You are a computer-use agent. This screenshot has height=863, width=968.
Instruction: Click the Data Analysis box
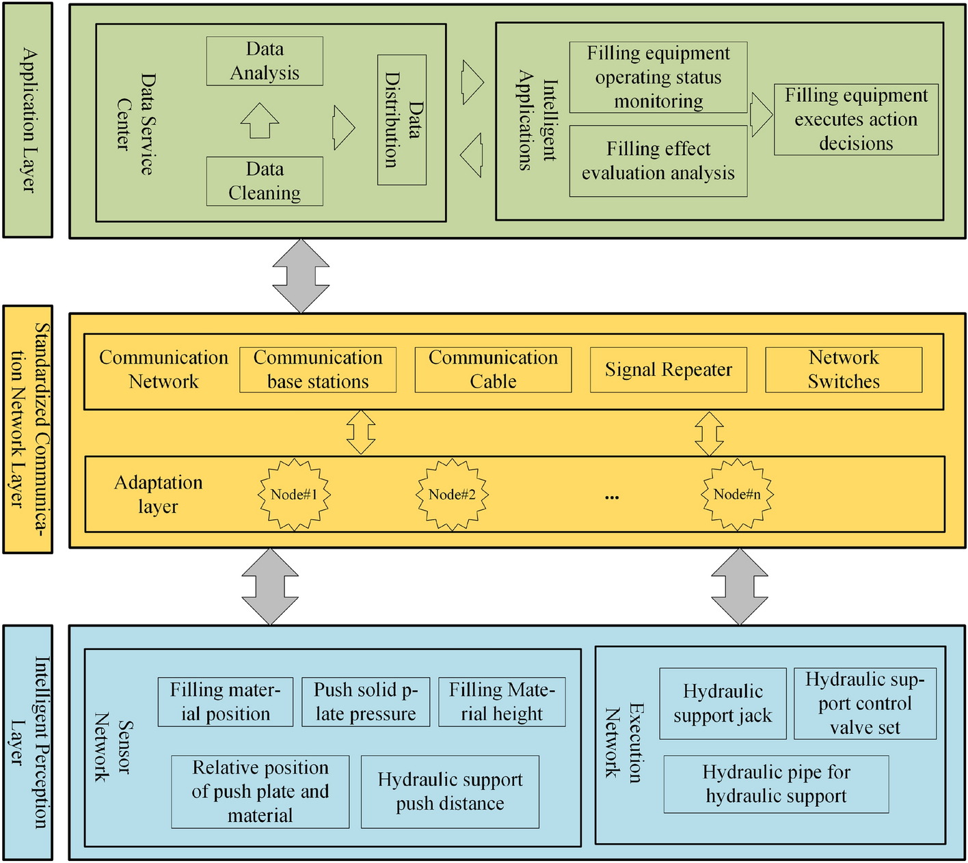(265, 61)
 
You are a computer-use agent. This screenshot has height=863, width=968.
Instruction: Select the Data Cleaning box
(265, 182)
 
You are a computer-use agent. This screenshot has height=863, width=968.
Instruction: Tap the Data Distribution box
(402, 120)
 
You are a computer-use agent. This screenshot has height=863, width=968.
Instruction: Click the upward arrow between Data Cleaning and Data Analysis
(260, 120)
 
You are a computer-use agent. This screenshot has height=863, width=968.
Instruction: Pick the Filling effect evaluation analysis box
(658, 161)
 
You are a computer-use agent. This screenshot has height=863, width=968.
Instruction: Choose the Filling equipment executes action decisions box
(856, 120)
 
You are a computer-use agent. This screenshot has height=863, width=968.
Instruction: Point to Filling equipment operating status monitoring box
(658, 77)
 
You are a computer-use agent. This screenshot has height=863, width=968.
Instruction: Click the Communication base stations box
(318, 370)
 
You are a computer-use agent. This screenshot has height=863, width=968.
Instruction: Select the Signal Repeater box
(668, 370)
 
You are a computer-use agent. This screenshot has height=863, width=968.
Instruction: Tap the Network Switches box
(844, 370)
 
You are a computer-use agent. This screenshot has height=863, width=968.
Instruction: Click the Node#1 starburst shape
(294, 495)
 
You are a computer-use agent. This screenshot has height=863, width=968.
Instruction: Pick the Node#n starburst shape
(737, 495)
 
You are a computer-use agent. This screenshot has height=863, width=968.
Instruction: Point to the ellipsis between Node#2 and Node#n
(612, 497)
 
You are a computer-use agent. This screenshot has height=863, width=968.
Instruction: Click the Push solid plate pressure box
(366, 702)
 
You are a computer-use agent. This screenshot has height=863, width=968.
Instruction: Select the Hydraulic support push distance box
(450, 792)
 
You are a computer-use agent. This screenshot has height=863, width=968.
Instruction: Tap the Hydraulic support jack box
(723, 704)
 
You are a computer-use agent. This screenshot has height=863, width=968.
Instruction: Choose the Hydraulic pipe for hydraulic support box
(776, 784)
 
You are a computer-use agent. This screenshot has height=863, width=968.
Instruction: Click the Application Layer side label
(28, 120)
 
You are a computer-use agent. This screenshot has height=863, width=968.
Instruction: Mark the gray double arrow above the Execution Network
(740, 586)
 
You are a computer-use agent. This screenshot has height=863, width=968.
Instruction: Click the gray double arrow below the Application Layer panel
(301, 276)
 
